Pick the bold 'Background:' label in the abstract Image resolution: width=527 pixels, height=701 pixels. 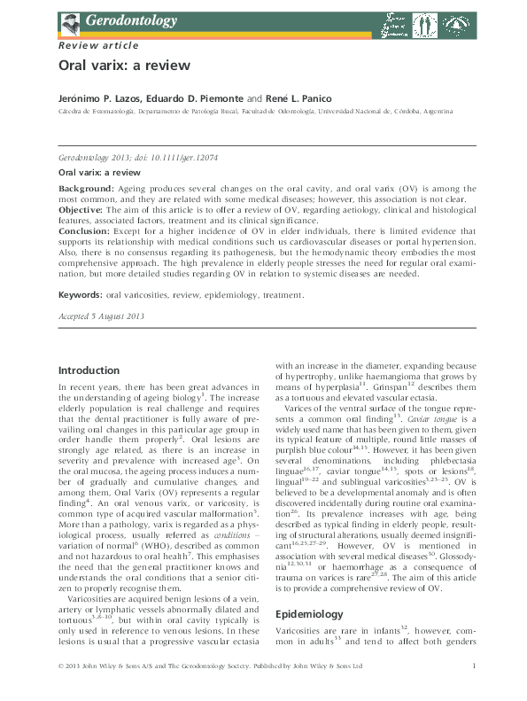[85, 190]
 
